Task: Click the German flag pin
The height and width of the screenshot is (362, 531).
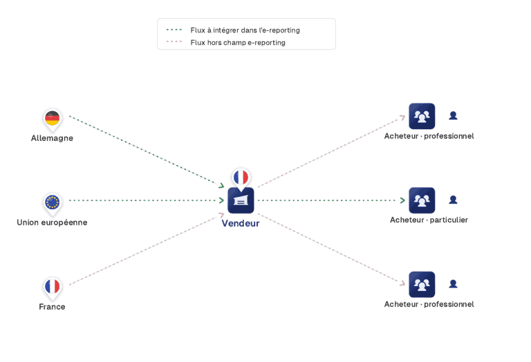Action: click(52, 119)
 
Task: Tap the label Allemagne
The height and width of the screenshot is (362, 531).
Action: click(52, 138)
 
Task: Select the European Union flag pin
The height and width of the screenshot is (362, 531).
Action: click(52, 203)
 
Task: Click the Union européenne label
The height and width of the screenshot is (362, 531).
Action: click(52, 222)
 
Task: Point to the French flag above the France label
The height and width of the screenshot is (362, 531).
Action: click(52, 287)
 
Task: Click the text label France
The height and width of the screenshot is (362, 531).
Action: click(52, 307)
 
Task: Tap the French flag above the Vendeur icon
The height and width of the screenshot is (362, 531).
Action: click(241, 178)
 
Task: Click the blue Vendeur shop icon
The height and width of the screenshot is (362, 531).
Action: click(241, 200)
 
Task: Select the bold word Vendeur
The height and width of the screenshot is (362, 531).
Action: click(241, 223)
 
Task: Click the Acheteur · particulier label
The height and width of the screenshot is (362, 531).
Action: click(429, 220)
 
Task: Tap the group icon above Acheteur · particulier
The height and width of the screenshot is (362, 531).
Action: click(422, 200)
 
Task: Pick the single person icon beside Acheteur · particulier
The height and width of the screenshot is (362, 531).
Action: click(453, 200)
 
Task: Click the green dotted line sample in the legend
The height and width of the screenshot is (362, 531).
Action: click(174, 30)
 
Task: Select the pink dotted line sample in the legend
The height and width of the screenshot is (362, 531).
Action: click(174, 41)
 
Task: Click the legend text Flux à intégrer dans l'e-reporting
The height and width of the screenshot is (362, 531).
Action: click(245, 30)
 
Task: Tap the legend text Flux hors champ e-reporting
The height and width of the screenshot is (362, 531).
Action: click(238, 43)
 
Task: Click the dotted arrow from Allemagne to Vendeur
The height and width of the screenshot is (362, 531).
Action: click(147, 151)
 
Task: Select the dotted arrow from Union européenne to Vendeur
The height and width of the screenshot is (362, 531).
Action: click(147, 200)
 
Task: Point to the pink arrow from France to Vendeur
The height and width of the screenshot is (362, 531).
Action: click(147, 249)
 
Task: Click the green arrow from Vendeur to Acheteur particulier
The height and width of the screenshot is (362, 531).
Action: click(332, 200)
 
